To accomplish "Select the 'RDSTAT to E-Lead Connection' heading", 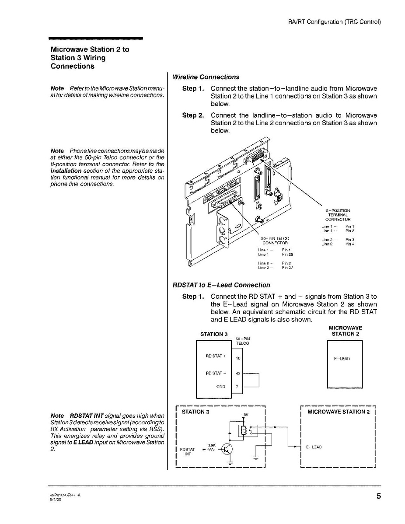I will point(221,285).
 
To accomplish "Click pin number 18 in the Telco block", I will point(238,358).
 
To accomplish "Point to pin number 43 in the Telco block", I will point(238,373).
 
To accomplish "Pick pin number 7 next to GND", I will point(237,387).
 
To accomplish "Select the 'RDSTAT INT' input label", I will point(187,451).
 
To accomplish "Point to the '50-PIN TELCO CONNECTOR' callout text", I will point(274,240).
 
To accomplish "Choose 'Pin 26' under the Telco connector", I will point(287,254).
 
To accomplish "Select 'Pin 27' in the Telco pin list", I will point(287,267).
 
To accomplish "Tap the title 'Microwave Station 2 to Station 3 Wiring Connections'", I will point(90,58).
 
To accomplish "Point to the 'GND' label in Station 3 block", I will point(220,387).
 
